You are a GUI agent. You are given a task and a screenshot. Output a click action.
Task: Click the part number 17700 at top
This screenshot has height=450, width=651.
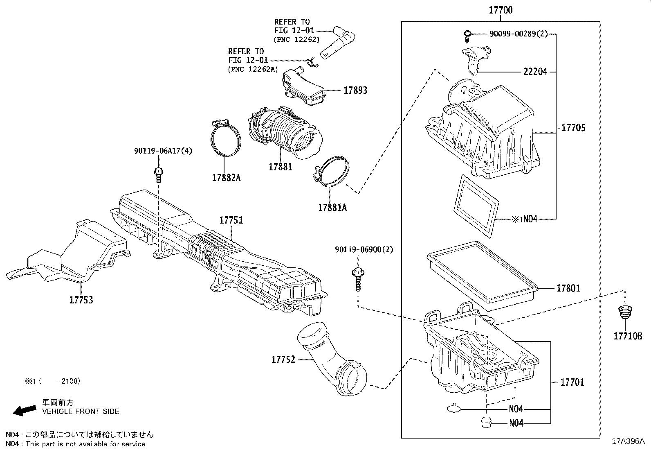[501, 10]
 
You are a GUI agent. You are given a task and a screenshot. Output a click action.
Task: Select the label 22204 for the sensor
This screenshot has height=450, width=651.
[535, 72]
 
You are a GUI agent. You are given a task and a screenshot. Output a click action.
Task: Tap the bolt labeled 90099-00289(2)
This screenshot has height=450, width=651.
[467, 36]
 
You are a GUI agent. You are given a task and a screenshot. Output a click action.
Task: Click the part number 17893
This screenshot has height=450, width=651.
[355, 90]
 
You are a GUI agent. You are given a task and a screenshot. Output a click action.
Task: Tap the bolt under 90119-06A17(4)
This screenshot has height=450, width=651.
[158, 175]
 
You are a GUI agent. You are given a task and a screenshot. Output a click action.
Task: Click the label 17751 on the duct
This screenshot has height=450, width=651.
[231, 220]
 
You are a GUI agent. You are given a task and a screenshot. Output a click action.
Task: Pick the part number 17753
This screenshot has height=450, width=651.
[81, 300]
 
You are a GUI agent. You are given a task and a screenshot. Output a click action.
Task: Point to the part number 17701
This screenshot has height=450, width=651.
[572, 382]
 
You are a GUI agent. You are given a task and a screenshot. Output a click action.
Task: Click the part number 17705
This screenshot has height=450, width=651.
[573, 128]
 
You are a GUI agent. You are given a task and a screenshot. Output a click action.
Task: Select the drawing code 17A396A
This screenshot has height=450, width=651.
[628, 441]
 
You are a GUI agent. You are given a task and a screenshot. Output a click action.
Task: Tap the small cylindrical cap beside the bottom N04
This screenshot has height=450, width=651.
[485, 422]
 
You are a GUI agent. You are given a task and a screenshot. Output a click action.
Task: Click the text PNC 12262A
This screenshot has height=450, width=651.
[254, 69]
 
